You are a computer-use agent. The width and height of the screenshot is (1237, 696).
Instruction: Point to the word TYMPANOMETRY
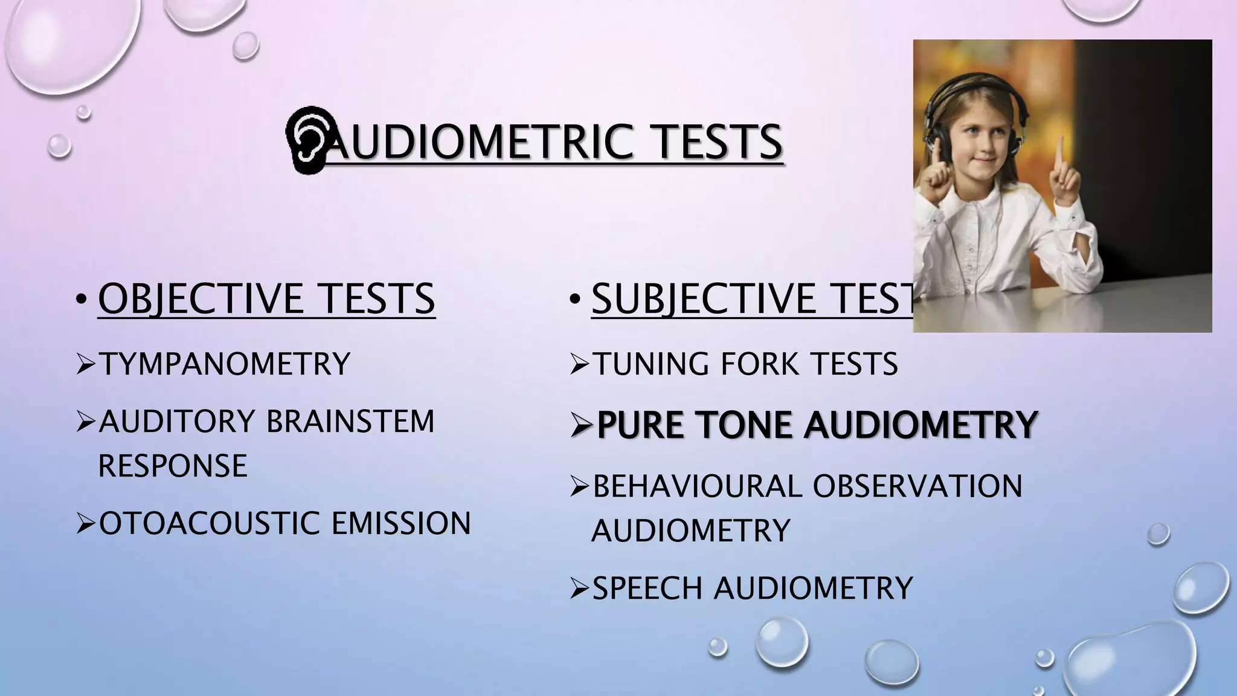click(x=224, y=364)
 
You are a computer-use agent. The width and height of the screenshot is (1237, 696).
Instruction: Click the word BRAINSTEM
click(x=350, y=422)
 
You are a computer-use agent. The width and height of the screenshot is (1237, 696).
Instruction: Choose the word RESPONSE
click(x=173, y=466)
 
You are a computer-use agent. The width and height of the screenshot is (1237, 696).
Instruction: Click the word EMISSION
click(x=401, y=523)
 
